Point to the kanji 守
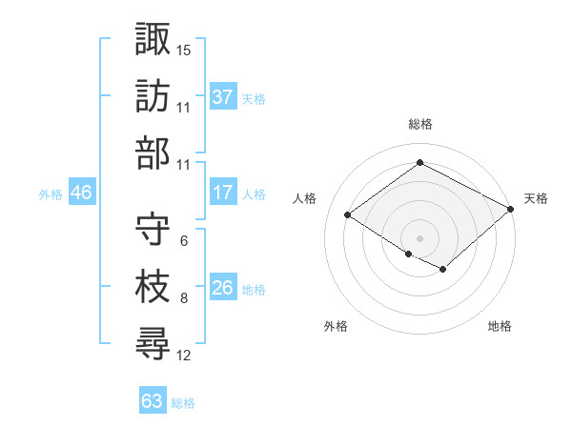click(x=153, y=228)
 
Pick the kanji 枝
click(x=153, y=286)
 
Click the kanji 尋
click(x=153, y=343)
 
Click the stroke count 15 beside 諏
click(x=184, y=49)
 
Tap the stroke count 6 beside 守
click(x=183, y=240)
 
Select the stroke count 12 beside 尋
click(x=184, y=356)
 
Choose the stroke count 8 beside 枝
click(x=183, y=298)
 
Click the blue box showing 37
click(x=223, y=97)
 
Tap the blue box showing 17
click(x=223, y=193)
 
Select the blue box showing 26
click(x=223, y=288)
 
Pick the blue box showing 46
click(x=82, y=193)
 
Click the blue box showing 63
click(x=153, y=400)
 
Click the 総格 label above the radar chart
click(x=420, y=124)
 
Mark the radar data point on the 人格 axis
click(x=348, y=215)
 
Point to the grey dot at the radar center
click(x=419, y=237)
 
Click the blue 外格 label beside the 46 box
click(x=51, y=193)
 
